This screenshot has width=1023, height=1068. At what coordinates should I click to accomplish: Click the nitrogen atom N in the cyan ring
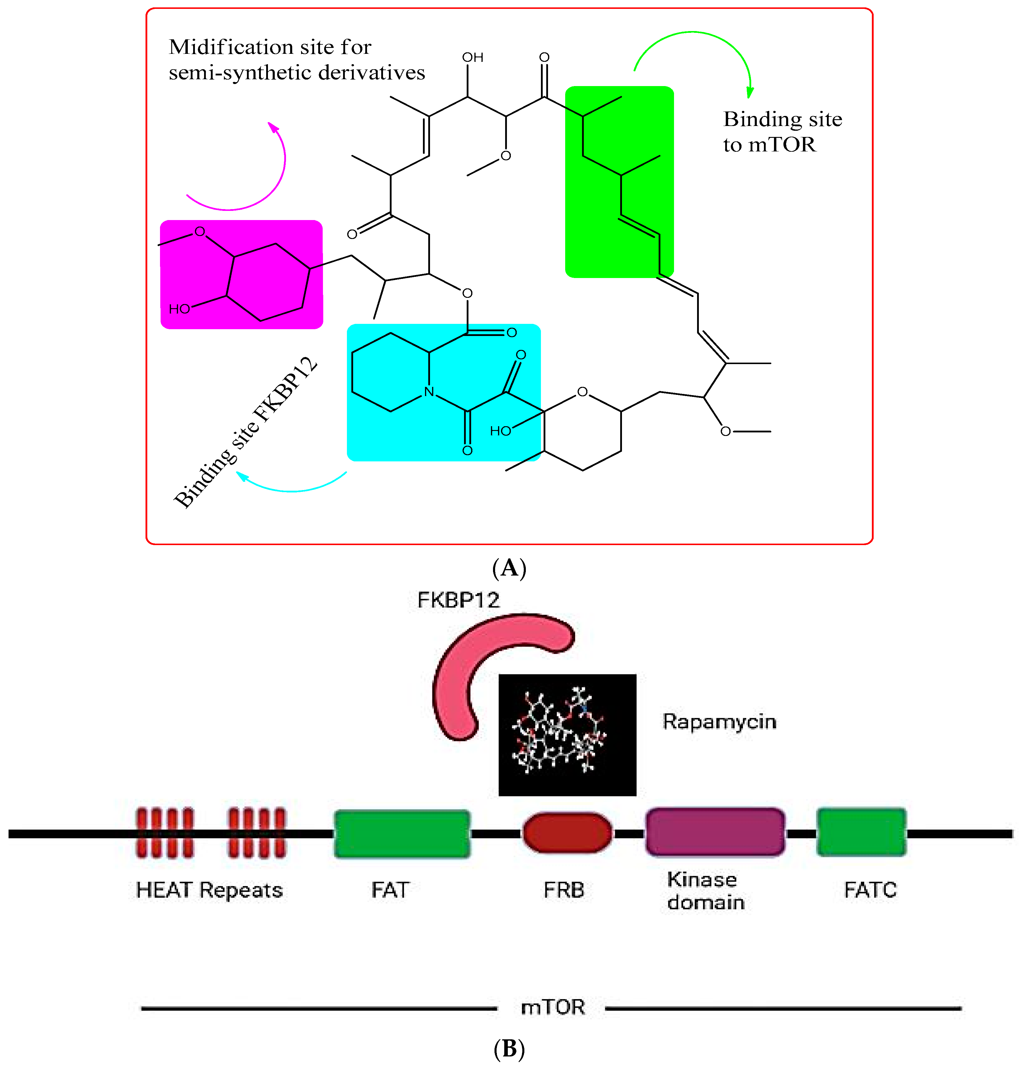[429, 392]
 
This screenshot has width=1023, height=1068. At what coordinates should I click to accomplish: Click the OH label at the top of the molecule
[473, 57]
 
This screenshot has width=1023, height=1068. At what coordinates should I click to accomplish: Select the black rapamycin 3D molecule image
[567, 734]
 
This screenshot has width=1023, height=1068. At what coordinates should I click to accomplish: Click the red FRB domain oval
[567, 833]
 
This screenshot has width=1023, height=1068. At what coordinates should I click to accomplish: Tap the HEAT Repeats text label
[209, 890]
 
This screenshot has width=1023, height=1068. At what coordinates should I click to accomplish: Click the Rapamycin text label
[719, 721]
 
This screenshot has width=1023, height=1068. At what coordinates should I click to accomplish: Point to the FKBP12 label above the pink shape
[458, 600]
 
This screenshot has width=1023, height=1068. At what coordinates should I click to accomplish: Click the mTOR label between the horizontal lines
[553, 1007]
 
